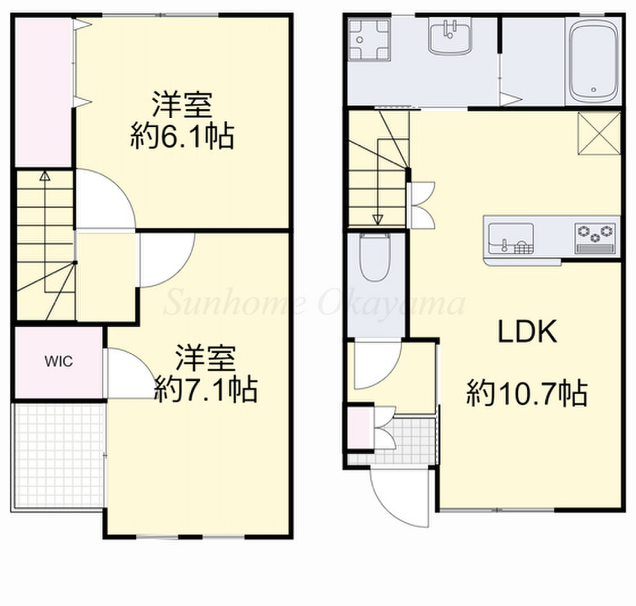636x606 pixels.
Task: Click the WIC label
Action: click(59, 361)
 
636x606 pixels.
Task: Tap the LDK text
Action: click(527, 332)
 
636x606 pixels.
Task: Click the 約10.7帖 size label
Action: click(527, 392)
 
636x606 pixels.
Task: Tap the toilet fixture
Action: click(375, 257)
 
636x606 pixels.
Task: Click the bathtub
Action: click(593, 60)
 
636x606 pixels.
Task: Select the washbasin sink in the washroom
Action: click(450, 38)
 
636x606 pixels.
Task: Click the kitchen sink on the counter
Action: click(511, 238)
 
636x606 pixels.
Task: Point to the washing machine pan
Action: click(369, 40)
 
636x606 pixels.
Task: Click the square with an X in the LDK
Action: click(599, 134)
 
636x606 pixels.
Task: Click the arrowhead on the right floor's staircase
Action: click(378, 220)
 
